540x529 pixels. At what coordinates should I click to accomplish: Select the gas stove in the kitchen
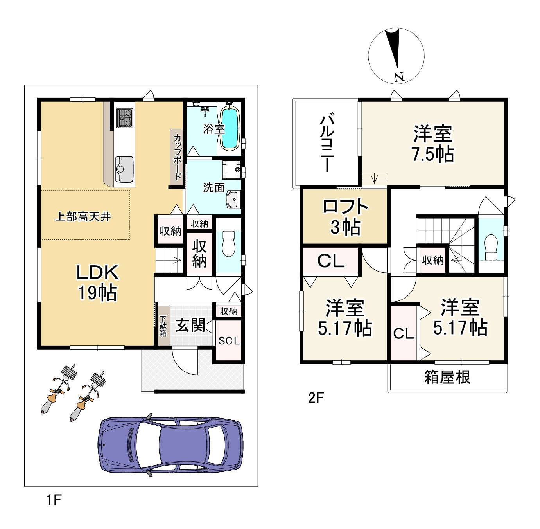click(x=124, y=118)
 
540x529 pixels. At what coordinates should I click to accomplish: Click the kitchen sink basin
click(x=124, y=169)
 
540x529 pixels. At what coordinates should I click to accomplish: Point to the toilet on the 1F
click(x=228, y=243)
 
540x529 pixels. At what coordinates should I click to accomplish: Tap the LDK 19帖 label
click(x=97, y=282)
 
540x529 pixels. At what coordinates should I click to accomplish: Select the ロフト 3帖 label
click(x=345, y=216)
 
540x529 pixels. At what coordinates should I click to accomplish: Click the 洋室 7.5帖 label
click(x=433, y=144)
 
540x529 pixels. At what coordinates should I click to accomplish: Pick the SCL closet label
click(x=229, y=340)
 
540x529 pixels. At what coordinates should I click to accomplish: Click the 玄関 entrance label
click(x=190, y=326)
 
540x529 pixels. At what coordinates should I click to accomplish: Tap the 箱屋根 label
click(x=447, y=377)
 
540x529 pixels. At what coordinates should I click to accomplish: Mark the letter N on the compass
click(x=399, y=77)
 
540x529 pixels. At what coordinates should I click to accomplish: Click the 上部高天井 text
click(x=83, y=216)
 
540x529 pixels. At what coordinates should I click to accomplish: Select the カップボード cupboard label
click(x=178, y=157)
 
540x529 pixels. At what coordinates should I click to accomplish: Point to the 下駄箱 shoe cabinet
click(x=163, y=326)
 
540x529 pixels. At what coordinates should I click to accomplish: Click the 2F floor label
click(x=316, y=398)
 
